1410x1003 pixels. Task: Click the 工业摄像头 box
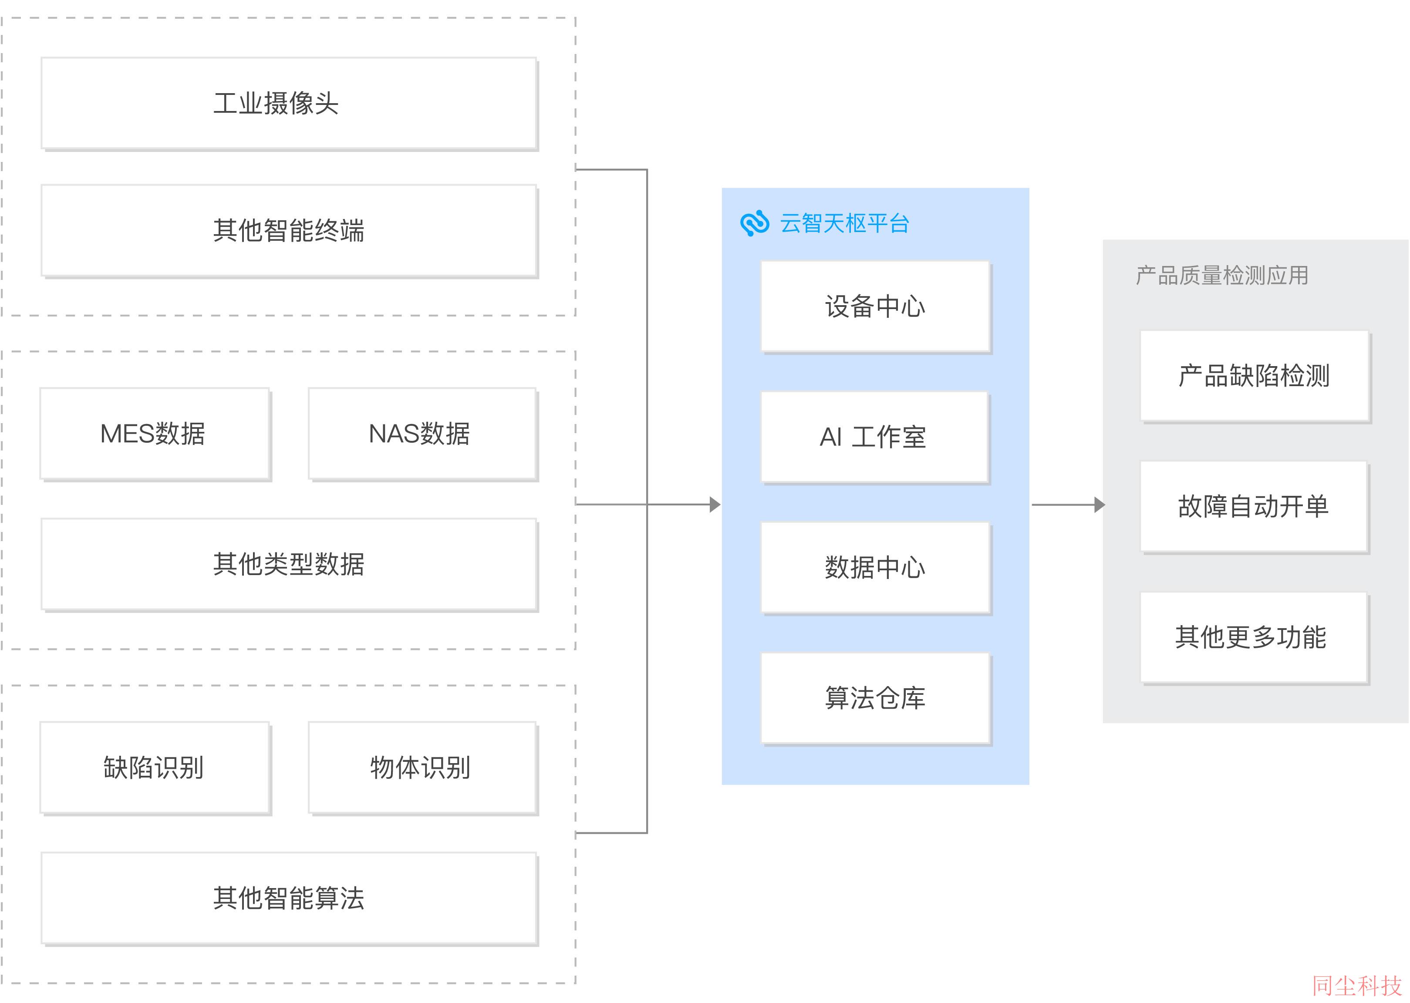[x=290, y=104]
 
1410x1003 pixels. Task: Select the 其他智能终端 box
[x=290, y=231]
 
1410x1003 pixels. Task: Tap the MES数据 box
[x=155, y=434]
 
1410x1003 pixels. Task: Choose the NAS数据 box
[x=423, y=434]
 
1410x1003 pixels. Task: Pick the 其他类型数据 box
[x=290, y=565]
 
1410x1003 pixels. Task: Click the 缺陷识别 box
[x=155, y=768]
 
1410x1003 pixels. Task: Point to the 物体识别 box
[x=423, y=768]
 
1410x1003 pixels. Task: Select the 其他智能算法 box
[x=290, y=899]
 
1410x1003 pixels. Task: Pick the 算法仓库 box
[x=876, y=699]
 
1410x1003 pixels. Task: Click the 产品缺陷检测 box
[x=1255, y=377]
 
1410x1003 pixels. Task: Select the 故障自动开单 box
[x=1255, y=508]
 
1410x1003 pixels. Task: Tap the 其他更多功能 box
[x=1255, y=639]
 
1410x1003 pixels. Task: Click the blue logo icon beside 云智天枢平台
[x=755, y=224]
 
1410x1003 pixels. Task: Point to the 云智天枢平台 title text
[x=844, y=224]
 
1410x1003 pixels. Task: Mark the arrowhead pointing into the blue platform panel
[x=715, y=505]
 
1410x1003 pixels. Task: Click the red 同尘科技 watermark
[x=1357, y=986]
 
